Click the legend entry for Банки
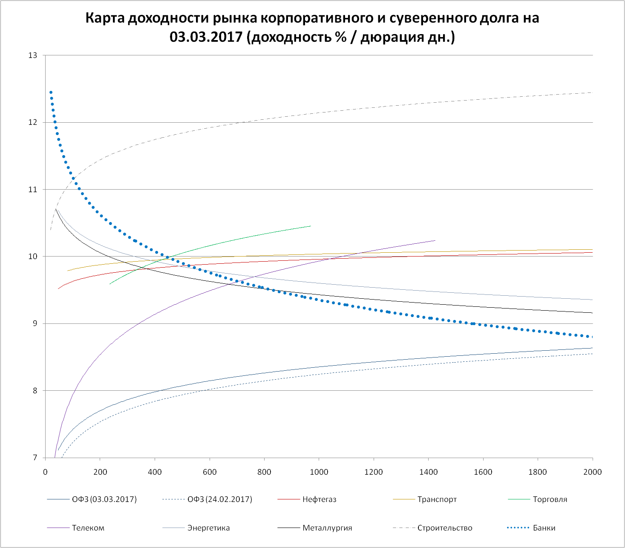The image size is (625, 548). (x=544, y=528)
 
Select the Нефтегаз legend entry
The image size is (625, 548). (x=319, y=499)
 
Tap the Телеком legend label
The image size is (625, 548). (x=88, y=528)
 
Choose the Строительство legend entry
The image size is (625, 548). (x=445, y=528)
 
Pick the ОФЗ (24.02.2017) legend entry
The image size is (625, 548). (x=220, y=499)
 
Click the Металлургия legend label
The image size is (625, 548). (x=327, y=528)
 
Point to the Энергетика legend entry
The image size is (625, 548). (x=208, y=528)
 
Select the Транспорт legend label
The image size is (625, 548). (x=437, y=499)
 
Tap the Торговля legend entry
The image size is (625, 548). (x=550, y=499)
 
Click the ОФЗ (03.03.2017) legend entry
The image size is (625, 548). (x=104, y=499)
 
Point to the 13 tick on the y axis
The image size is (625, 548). (x=33, y=55)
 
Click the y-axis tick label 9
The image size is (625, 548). (x=35, y=323)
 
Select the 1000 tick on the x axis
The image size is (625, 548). (x=319, y=472)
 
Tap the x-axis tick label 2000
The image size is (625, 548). (x=592, y=472)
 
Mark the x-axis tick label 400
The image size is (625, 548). (x=155, y=472)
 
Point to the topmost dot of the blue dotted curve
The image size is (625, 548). (x=51, y=92)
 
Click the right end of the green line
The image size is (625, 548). (x=311, y=226)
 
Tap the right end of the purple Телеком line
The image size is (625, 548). (x=435, y=240)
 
